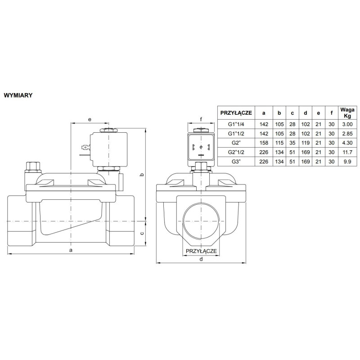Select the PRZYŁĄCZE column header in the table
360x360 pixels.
pos(236,112)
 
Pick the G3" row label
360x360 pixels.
pos(236,162)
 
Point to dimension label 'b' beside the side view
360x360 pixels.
pos(142,175)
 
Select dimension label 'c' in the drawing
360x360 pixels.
pos(142,233)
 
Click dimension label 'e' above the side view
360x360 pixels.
pos(90,119)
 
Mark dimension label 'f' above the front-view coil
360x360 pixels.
pos(201,119)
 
